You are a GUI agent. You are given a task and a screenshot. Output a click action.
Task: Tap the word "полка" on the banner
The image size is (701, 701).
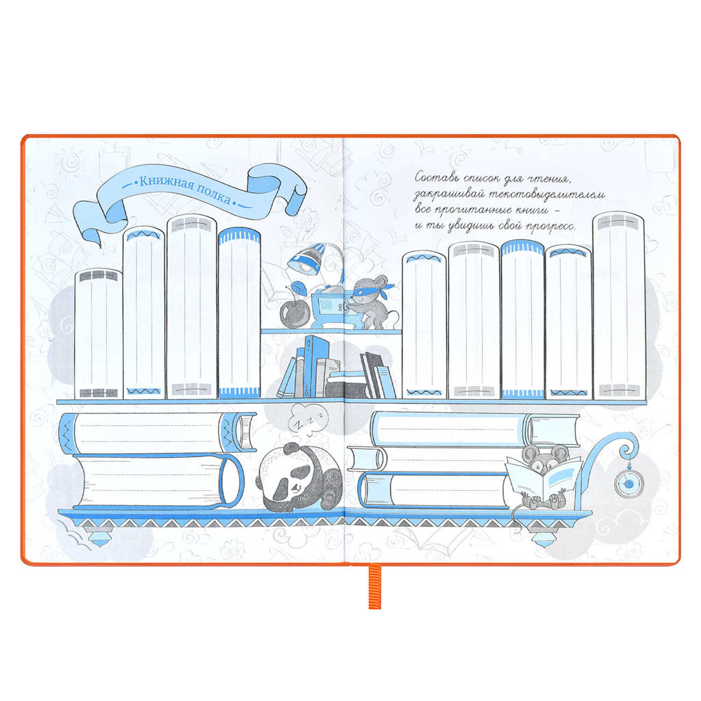(x=214, y=194)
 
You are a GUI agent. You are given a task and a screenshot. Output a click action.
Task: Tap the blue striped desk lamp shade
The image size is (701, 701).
(x=307, y=258)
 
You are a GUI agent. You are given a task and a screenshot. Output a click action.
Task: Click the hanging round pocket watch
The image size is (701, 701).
(x=629, y=483)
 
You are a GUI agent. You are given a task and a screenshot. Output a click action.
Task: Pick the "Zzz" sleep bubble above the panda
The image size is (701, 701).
(x=307, y=419)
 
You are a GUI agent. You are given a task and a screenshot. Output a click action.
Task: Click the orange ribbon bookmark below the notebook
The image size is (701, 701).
(x=374, y=587)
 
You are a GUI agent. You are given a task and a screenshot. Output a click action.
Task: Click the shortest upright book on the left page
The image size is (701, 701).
(x=99, y=333)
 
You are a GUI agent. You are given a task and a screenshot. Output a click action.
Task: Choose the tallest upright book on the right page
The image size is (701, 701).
(x=620, y=306)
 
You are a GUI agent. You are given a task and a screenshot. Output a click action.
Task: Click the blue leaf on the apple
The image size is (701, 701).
(x=298, y=287)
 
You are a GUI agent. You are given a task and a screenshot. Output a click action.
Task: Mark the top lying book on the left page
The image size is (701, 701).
(x=157, y=433)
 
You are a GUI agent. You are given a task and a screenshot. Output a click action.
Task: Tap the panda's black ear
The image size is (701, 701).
(x=290, y=448)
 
